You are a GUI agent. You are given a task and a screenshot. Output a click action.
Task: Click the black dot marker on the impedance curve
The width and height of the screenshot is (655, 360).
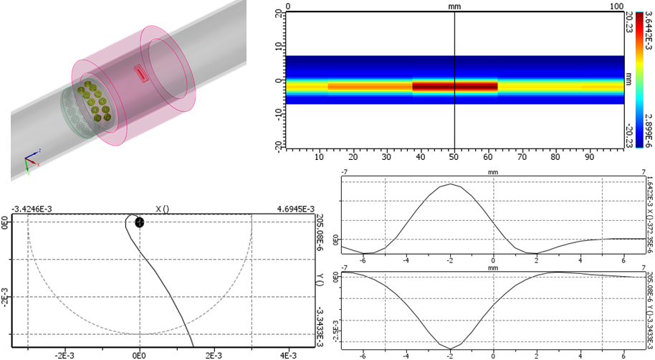point(140,222)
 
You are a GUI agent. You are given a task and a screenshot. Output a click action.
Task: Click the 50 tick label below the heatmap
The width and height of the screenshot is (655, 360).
point(454,157)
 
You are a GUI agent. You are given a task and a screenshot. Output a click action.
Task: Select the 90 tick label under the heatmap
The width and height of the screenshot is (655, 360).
point(589,157)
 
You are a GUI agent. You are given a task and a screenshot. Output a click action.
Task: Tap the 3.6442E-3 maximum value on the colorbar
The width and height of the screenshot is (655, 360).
point(648,32)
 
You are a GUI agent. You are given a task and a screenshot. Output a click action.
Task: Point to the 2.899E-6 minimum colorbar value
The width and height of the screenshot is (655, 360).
point(648,131)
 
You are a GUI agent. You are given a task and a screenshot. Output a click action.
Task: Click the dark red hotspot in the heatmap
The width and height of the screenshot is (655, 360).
point(455,86)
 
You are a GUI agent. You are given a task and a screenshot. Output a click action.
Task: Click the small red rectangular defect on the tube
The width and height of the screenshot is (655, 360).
point(141,74)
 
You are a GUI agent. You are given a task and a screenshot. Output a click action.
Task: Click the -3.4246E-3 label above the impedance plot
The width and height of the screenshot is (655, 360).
point(32,209)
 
